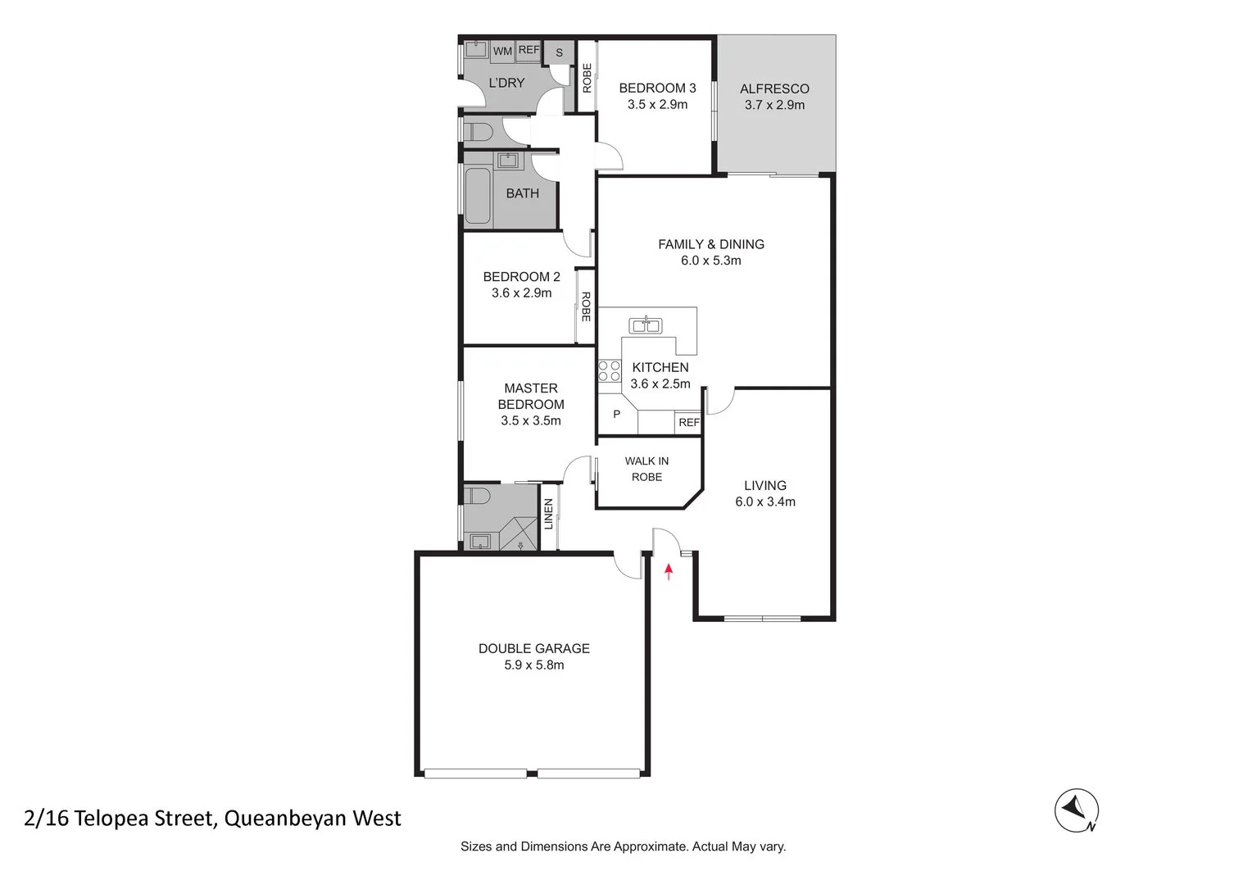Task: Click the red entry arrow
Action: click(669, 571)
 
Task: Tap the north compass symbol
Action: click(1076, 810)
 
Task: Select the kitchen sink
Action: click(645, 325)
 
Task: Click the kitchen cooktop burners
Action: click(609, 371)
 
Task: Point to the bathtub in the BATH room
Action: click(477, 197)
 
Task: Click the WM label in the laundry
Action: click(502, 51)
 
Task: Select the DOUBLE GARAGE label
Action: click(533, 648)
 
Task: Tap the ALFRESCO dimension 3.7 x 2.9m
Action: click(774, 105)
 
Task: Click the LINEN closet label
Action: click(548, 514)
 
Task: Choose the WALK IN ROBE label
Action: click(646, 469)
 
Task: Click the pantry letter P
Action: click(616, 415)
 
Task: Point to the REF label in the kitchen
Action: click(688, 423)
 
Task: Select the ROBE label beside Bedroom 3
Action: click(587, 78)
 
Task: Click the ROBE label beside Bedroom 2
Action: click(585, 306)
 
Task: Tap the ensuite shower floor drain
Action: click(520, 545)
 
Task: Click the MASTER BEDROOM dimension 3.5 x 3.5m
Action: click(530, 420)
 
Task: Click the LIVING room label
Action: click(764, 485)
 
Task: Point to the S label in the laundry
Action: click(560, 52)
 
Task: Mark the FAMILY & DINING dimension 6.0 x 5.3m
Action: click(710, 261)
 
